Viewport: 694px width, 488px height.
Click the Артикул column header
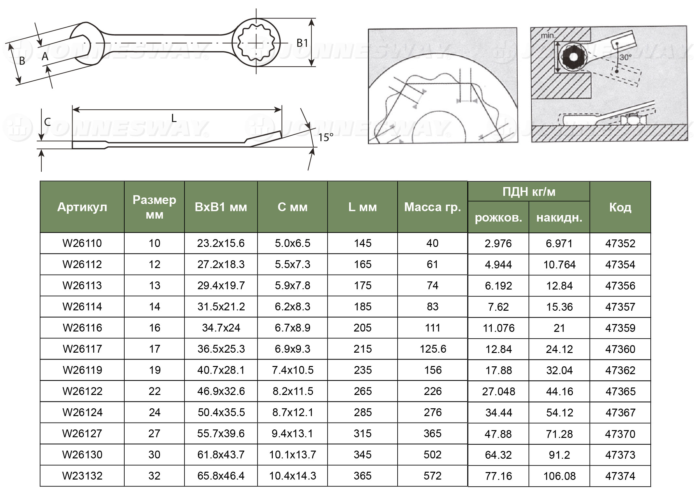click(82, 207)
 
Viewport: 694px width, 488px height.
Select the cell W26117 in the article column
click(82, 349)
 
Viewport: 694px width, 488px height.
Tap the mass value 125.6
click(433, 349)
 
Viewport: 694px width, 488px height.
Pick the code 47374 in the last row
click(620, 476)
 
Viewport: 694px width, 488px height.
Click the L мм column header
click(362, 207)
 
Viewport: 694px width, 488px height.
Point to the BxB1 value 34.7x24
click(221, 328)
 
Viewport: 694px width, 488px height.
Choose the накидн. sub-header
click(559, 218)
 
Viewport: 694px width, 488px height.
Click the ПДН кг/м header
click(529, 192)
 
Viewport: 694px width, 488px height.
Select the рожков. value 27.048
click(498, 391)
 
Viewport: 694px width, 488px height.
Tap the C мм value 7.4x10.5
click(293, 370)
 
